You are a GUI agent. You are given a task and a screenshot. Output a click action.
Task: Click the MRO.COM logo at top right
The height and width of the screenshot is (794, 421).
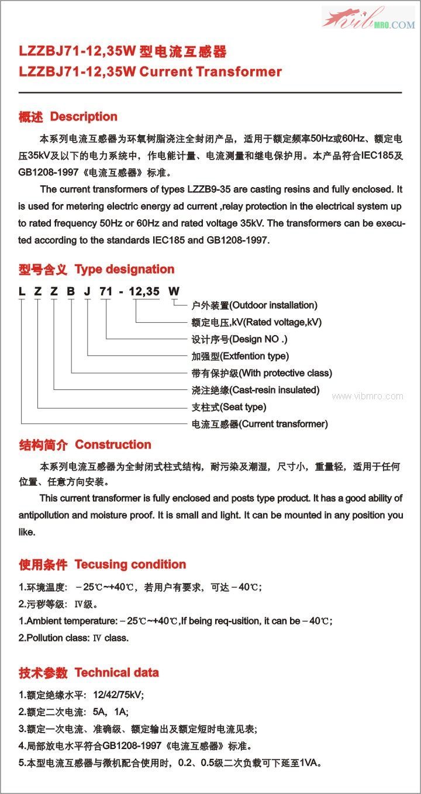tap(368, 19)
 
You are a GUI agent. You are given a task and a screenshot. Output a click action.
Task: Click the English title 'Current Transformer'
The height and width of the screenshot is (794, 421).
tap(210, 72)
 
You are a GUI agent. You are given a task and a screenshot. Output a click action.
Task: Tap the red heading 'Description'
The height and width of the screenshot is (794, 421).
tap(84, 117)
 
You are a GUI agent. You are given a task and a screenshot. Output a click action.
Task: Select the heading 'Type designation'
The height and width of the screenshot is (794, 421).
tap(125, 270)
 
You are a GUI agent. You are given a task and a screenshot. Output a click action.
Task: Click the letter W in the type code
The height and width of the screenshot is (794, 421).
tap(174, 292)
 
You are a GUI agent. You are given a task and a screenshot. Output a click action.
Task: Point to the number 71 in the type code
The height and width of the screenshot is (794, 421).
tap(105, 292)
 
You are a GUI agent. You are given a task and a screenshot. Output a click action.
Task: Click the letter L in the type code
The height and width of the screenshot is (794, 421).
tap(22, 292)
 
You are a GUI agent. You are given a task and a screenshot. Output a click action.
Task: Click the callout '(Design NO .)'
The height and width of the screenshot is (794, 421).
tap(259, 339)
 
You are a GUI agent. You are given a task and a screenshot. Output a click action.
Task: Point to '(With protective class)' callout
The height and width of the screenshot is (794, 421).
tap(285, 373)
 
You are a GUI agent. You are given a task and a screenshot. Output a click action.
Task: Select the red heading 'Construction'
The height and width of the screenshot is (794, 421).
tap(113, 445)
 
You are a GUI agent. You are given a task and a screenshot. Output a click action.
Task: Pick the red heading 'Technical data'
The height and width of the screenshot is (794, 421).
tap(116, 673)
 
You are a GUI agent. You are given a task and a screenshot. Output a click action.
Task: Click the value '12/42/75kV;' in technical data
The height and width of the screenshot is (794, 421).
tap(118, 695)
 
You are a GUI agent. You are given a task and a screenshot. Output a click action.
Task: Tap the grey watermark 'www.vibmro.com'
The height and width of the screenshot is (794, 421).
tap(367, 396)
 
